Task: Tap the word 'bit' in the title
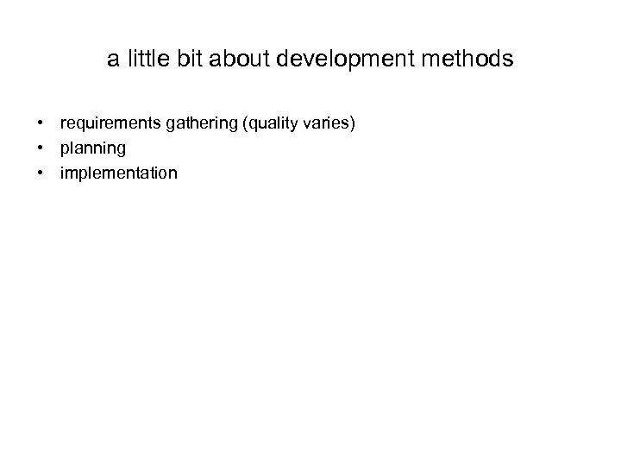pyautogui.click(x=187, y=60)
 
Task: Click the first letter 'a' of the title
pyautogui.click(x=113, y=61)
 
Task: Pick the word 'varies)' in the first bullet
pyautogui.click(x=329, y=125)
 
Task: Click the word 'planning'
pyautogui.click(x=92, y=149)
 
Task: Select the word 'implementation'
pyautogui.click(x=118, y=173)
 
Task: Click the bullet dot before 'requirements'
pyautogui.click(x=41, y=125)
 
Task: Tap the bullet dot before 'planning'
pyautogui.click(x=41, y=149)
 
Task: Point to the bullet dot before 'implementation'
pyautogui.click(x=41, y=173)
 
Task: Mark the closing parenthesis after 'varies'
pyautogui.click(x=351, y=125)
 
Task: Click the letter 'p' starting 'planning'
pyautogui.click(x=64, y=151)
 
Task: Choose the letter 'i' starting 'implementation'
pyautogui.click(x=61, y=173)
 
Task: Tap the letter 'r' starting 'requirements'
pyautogui.click(x=62, y=126)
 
